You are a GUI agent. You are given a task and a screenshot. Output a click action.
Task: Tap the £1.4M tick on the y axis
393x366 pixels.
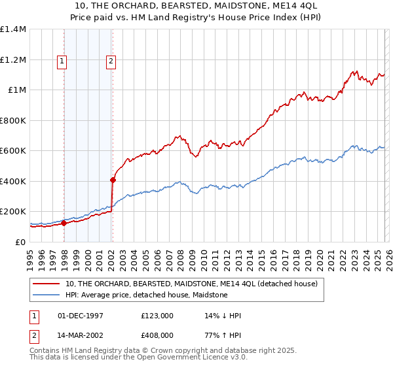(13, 29)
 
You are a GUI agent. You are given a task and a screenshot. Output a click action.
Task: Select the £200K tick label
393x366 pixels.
(13, 212)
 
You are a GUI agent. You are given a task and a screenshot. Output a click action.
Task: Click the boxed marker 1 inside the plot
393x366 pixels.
(62, 61)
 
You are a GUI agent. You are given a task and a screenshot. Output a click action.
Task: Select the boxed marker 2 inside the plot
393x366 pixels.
(111, 61)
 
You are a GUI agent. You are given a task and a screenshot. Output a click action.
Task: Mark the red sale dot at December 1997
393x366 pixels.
(64, 224)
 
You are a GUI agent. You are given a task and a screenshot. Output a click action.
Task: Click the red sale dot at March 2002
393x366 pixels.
(113, 180)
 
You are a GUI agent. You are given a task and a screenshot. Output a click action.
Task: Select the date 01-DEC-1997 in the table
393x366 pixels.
(81, 316)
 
